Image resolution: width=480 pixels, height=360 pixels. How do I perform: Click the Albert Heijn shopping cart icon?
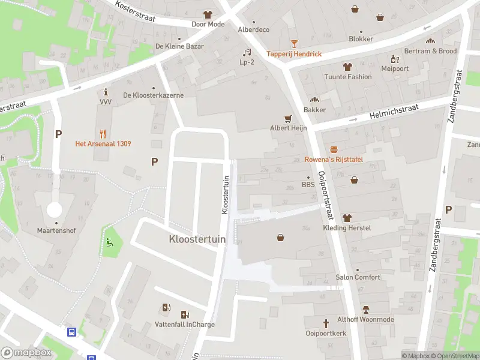coord(288,118)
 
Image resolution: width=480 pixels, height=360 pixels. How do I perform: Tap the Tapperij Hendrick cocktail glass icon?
coord(294,44)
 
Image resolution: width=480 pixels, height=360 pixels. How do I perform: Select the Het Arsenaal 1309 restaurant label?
coord(103,143)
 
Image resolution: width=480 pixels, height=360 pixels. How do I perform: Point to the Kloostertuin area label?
coord(197,239)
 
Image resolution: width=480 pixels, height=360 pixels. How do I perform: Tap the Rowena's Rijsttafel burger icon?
coord(333,149)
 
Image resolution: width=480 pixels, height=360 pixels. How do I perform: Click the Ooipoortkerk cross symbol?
coord(326,323)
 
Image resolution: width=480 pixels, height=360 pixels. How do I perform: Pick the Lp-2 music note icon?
coord(247,52)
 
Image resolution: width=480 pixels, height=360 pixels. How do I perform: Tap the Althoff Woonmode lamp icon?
coord(365,310)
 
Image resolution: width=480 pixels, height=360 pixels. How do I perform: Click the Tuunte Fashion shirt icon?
coord(347,67)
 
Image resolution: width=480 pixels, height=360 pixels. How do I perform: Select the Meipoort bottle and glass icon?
coord(395,59)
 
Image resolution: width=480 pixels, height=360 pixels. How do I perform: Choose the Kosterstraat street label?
coord(136,11)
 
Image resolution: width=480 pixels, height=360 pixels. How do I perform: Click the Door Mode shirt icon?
coord(208,14)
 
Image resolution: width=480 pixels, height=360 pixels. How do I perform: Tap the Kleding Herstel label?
coord(347,228)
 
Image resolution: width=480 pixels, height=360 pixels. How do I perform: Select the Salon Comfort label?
coord(358,277)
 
